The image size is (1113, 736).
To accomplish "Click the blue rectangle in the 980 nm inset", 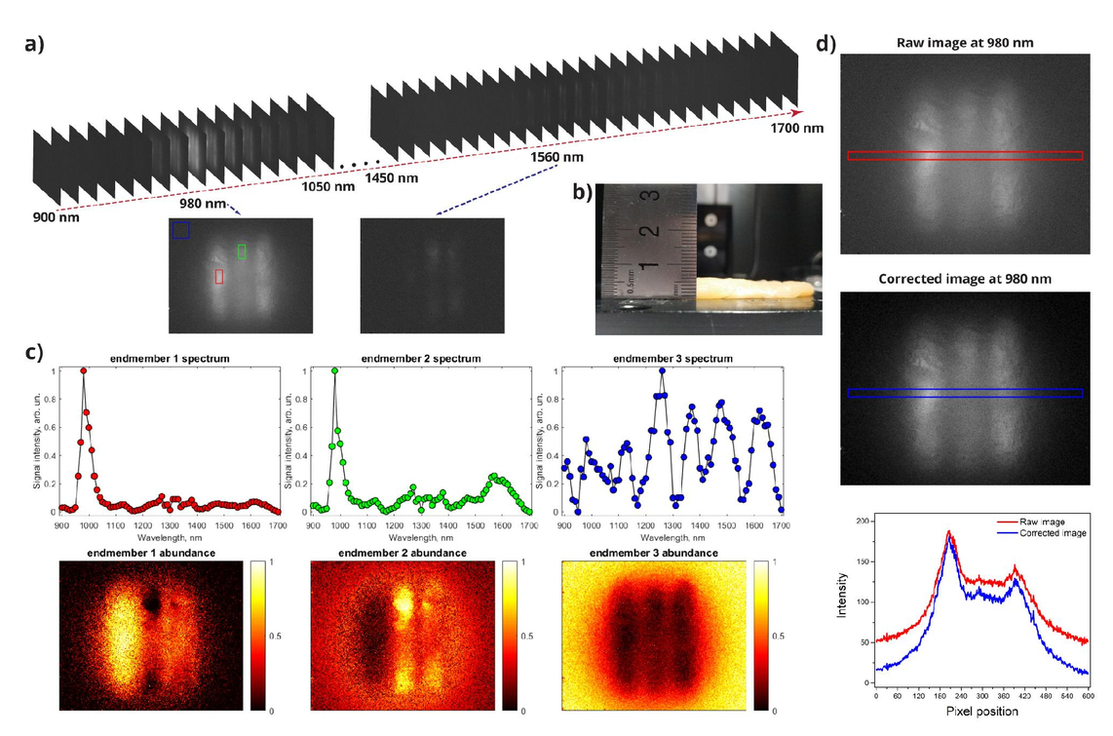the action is [x=181, y=230].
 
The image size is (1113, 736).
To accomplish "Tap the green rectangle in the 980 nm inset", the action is [x=242, y=252].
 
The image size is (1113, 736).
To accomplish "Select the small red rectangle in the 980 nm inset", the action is [x=219, y=276].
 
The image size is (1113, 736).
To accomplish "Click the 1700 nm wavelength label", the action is [x=797, y=129].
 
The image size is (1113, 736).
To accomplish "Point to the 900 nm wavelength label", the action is [x=57, y=217].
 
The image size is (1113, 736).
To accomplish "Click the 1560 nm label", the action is [x=556, y=157].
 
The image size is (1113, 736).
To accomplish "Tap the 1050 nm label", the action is [x=327, y=186].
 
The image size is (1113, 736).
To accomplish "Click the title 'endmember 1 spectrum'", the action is [x=170, y=359].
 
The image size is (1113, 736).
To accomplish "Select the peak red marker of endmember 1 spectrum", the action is [x=83, y=370].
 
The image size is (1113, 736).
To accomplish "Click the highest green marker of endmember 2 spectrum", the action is [x=334, y=370].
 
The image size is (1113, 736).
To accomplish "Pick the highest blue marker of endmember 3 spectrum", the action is [x=663, y=370].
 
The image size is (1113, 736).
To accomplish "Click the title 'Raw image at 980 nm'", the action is [x=965, y=43].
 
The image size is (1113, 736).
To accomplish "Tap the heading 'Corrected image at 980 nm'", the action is [x=965, y=279].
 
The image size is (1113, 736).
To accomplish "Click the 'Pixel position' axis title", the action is [x=982, y=712].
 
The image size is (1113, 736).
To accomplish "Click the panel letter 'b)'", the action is [x=582, y=192].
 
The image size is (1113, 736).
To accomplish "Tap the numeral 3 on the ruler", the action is [x=652, y=194].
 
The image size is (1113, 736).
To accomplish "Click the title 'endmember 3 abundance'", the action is [x=654, y=553].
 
